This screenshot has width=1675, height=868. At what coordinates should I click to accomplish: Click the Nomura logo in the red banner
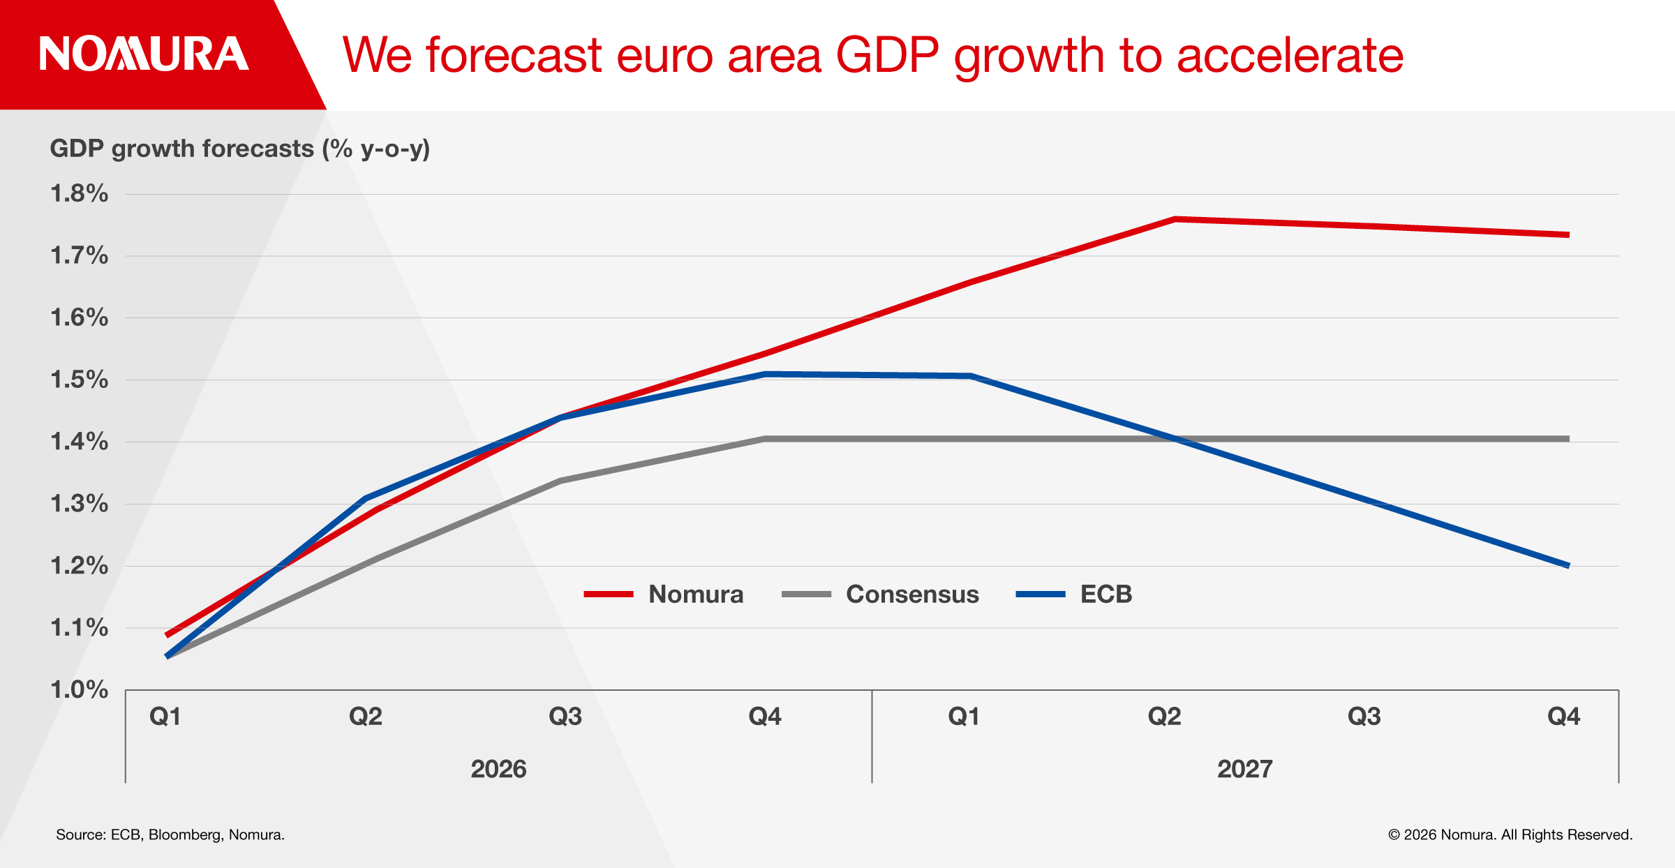144,54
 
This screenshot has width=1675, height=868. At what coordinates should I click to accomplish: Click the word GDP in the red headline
887,55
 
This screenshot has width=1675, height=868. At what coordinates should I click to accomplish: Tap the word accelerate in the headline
1290,55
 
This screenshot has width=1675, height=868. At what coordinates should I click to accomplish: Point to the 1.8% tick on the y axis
80,193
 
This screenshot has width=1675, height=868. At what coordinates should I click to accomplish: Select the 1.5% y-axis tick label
80,380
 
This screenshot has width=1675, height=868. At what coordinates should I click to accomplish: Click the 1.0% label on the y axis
80,689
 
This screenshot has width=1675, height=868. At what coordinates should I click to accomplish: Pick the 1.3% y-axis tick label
80,503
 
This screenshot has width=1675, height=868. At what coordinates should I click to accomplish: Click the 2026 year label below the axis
498,769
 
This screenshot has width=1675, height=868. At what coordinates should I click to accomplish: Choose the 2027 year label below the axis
1245,769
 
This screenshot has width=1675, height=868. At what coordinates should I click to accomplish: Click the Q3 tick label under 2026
565,717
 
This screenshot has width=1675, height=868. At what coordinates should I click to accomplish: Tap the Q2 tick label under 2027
1164,717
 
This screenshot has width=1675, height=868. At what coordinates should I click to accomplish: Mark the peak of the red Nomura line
1175,219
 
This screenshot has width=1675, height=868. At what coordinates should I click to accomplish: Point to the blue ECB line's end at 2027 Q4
1568,565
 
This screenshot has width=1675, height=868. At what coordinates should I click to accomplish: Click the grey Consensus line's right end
1568,439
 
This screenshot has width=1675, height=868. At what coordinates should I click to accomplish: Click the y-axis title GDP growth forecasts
239,149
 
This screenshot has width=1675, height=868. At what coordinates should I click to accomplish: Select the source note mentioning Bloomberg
170,835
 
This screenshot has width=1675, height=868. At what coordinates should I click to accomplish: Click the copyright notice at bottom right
1510,835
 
